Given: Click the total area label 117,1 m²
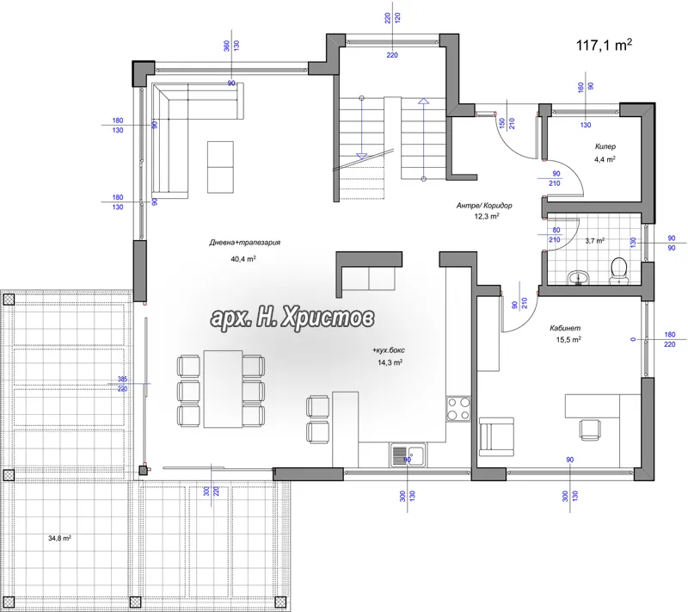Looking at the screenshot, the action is [x=604, y=45].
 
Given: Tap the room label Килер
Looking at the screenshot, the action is [x=605, y=146].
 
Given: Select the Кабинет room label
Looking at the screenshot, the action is [x=565, y=328].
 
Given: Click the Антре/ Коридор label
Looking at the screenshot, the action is [x=484, y=205].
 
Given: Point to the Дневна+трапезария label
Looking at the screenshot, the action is [x=244, y=243].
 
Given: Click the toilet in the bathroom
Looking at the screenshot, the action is [x=618, y=270].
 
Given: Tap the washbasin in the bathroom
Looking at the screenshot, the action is [x=580, y=277].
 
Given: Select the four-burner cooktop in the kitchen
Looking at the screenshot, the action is [x=458, y=408].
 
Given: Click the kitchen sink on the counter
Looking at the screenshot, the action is [x=408, y=455].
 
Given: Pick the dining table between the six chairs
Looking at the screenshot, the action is [x=223, y=388].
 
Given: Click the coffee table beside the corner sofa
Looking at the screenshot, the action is [x=220, y=167].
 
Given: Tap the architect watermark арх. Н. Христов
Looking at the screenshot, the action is [x=292, y=317].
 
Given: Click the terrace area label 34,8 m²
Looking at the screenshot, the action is [x=59, y=538].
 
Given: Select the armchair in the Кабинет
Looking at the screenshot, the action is [x=496, y=436].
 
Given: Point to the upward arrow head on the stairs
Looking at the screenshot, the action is [x=423, y=101].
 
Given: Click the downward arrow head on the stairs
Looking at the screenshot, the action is [x=361, y=156].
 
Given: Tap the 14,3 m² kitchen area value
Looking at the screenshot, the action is [x=390, y=362].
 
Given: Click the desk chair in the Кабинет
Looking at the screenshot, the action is [x=590, y=430].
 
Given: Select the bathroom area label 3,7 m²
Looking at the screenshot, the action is [x=595, y=241].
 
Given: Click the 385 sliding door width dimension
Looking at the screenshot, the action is [x=122, y=379].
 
